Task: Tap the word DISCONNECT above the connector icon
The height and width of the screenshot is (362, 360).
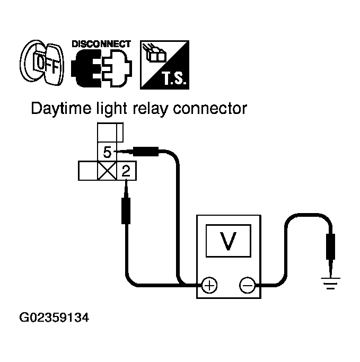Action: click(101, 43)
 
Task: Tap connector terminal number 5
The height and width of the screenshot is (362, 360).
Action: click(107, 153)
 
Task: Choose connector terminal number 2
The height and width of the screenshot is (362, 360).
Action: click(126, 171)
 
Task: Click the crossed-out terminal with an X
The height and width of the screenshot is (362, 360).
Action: click(108, 171)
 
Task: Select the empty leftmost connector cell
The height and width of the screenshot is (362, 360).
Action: click(88, 171)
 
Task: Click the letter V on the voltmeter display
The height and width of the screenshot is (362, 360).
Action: click(229, 241)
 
